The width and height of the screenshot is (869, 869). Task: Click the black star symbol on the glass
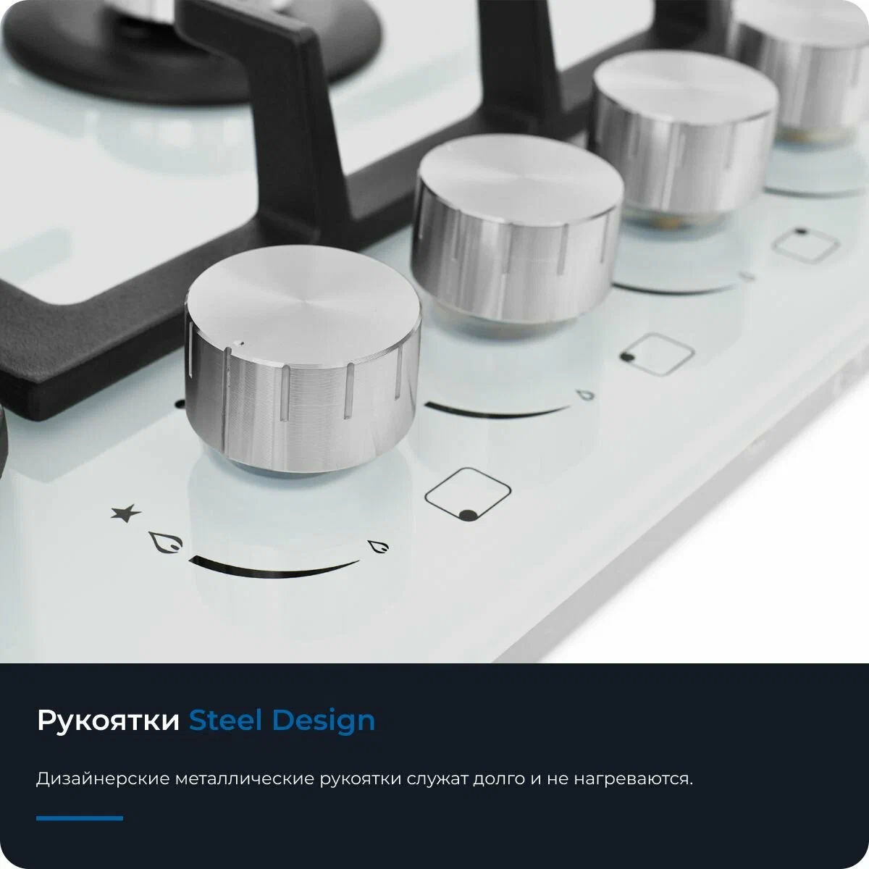pyautogui.click(x=126, y=513)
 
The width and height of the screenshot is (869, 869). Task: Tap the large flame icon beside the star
pyautogui.click(x=166, y=542)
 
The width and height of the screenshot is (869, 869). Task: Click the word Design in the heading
pyautogui.click(x=324, y=721)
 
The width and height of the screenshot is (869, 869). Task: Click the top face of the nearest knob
pyautogui.click(x=302, y=301)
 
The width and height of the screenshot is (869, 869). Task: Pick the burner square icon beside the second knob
pyautogui.click(x=657, y=354)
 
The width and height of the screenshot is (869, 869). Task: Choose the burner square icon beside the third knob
pyautogui.click(x=806, y=245)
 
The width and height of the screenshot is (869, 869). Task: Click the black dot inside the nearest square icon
pyautogui.click(x=469, y=515)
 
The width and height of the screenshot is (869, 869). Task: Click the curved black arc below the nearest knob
pyautogui.click(x=274, y=572)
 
